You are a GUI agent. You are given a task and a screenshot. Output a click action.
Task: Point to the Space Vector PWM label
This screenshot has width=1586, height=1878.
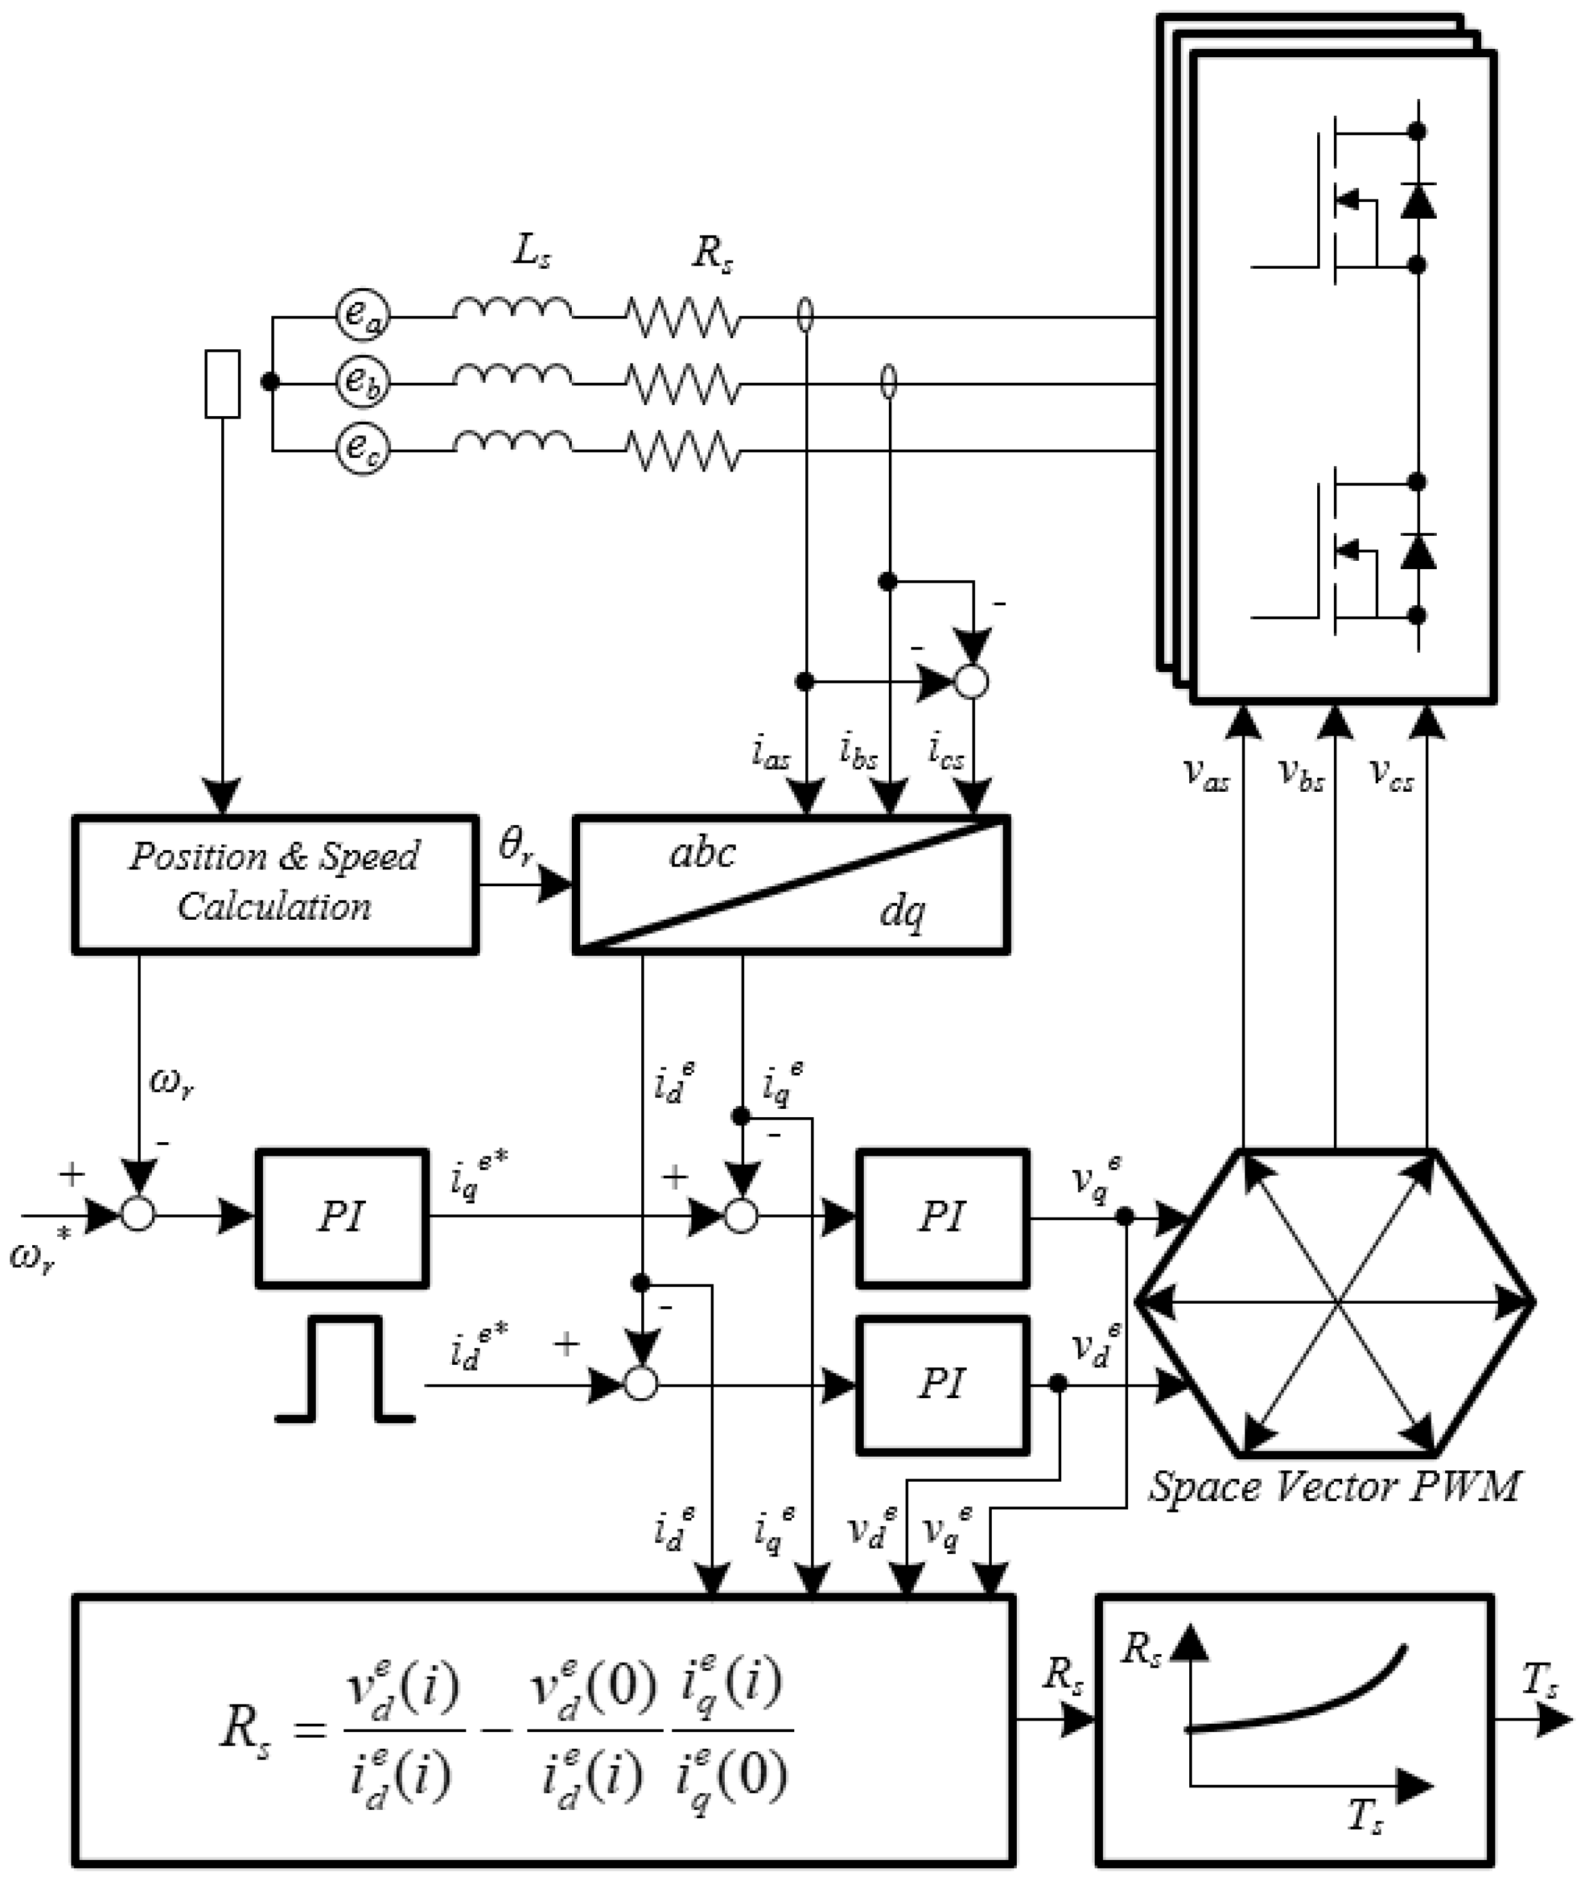1335,1487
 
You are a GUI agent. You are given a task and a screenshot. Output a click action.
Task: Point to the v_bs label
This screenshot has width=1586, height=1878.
1301,774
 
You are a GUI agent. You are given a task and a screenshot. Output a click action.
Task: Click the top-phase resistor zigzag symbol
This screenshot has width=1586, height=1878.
683,317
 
